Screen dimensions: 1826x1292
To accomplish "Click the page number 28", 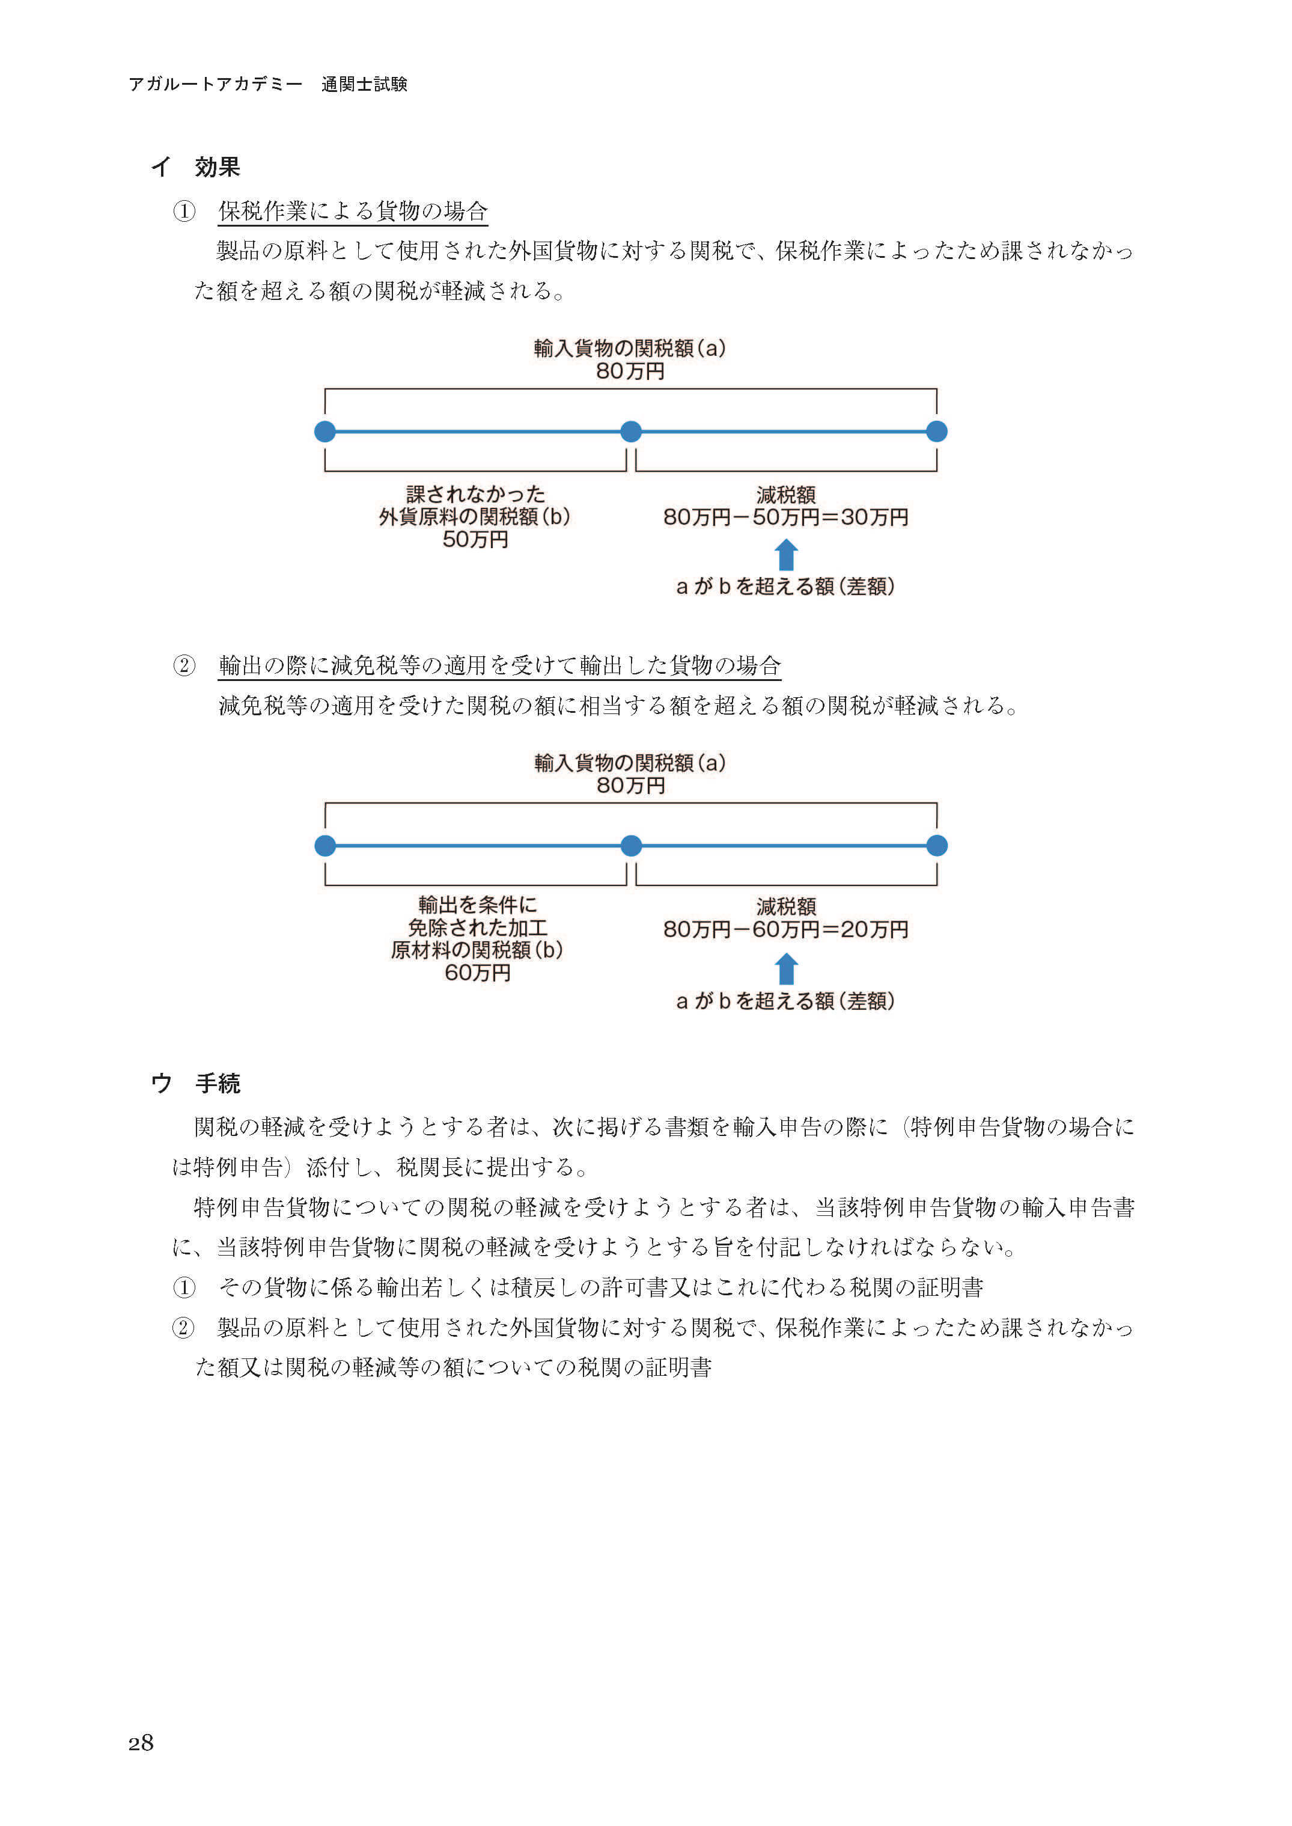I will [x=141, y=1742].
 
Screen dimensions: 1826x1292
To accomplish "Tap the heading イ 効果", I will [x=196, y=167].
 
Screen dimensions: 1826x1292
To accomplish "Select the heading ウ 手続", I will [x=196, y=1083].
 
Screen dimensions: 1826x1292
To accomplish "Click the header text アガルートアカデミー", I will [x=216, y=84].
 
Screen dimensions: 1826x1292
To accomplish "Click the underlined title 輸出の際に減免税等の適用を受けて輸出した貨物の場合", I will [x=499, y=665].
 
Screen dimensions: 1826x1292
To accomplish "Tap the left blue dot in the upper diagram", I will [x=325, y=431].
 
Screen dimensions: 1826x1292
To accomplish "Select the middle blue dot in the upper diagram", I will [x=631, y=431].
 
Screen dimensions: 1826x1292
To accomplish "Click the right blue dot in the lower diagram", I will [x=937, y=846].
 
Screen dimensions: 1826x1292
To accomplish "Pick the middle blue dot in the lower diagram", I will [x=631, y=846].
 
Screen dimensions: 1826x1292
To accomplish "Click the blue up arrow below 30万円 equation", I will [x=786, y=555].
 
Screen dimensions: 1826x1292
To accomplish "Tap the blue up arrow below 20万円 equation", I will [x=786, y=969].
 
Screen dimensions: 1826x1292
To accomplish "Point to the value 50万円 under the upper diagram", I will [x=475, y=540].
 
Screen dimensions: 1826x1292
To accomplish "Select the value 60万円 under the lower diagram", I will [x=477, y=973].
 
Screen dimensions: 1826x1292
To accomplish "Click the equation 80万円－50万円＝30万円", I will [x=786, y=517].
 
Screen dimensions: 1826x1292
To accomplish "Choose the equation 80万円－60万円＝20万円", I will [x=786, y=929].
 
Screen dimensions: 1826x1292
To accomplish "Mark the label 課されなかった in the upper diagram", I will [x=475, y=494].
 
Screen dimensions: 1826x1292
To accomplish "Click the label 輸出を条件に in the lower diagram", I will [x=477, y=905].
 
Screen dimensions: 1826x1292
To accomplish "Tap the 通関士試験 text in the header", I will [x=364, y=84].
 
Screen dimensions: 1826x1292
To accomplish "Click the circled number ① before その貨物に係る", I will [x=184, y=1287].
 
